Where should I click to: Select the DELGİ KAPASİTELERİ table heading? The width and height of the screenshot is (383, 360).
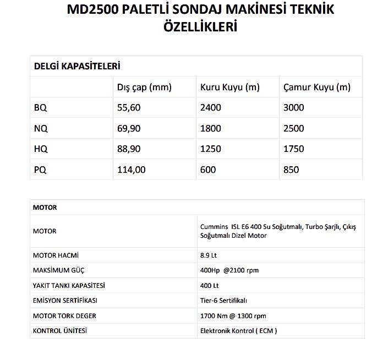(x=77, y=66)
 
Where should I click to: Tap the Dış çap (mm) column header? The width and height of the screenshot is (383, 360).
(x=145, y=87)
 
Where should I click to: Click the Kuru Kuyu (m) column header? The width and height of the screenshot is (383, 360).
(x=229, y=87)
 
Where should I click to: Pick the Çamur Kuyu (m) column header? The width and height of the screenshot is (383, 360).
(x=316, y=87)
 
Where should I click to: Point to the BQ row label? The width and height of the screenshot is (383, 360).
(x=40, y=108)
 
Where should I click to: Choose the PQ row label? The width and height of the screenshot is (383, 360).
(x=40, y=170)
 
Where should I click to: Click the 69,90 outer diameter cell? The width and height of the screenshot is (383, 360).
(x=130, y=128)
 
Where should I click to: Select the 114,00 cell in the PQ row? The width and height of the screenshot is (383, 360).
(x=132, y=170)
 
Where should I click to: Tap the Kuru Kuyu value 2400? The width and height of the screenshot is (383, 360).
(x=211, y=108)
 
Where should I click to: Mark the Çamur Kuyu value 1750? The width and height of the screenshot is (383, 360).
(x=293, y=149)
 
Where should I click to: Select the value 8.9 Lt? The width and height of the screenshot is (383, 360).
(x=209, y=255)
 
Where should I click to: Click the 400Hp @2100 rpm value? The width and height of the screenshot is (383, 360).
(x=229, y=270)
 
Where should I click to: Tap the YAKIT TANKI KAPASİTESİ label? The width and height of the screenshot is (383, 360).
(x=69, y=286)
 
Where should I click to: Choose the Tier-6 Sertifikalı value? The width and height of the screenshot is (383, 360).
(x=223, y=301)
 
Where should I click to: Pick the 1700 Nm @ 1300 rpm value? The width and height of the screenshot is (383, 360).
(x=233, y=316)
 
